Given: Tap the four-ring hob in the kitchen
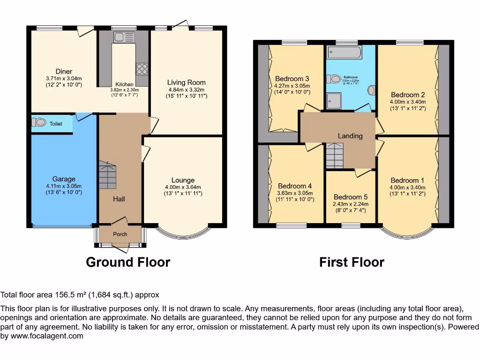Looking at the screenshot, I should (142, 69).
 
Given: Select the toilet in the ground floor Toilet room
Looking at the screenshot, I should (39, 123).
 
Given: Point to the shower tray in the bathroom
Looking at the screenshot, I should (333, 100).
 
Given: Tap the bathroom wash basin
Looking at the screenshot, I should (371, 90).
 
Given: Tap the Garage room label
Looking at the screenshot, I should (64, 179).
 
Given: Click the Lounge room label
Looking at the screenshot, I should (183, 180).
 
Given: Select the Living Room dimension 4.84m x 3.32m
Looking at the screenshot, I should (187, 90).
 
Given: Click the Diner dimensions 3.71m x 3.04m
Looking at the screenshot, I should (64, 78).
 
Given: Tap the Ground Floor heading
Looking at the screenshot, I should (128, 262).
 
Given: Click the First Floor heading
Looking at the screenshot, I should (352, 262).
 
